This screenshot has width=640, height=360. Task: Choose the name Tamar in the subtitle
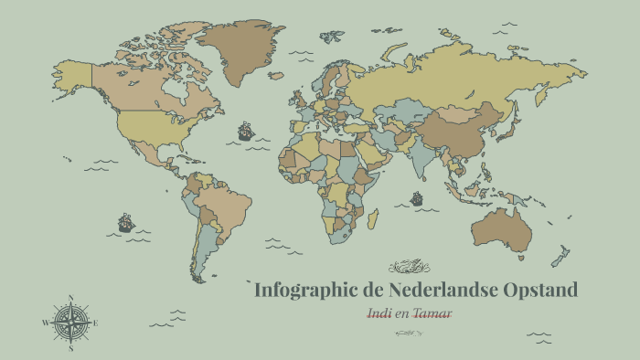(x=432, y=313)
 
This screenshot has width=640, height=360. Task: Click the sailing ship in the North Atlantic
(x=245, y=132)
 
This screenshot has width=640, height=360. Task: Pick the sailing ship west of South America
(x=125, y=222)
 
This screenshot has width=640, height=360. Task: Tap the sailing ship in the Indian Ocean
(x=417, y=197)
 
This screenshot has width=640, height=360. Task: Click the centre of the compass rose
(x=70, y=323)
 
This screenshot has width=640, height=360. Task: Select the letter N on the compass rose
(x=70, y=298)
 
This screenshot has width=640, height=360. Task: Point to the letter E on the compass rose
(x=96, y=323)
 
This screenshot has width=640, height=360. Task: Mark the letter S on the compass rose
(x=70, y=348)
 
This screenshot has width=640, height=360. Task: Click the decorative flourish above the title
(x=408, y=267)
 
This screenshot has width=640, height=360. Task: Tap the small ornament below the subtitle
(x=409, y=333)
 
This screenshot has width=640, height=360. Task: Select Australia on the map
(x=502, y=228)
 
